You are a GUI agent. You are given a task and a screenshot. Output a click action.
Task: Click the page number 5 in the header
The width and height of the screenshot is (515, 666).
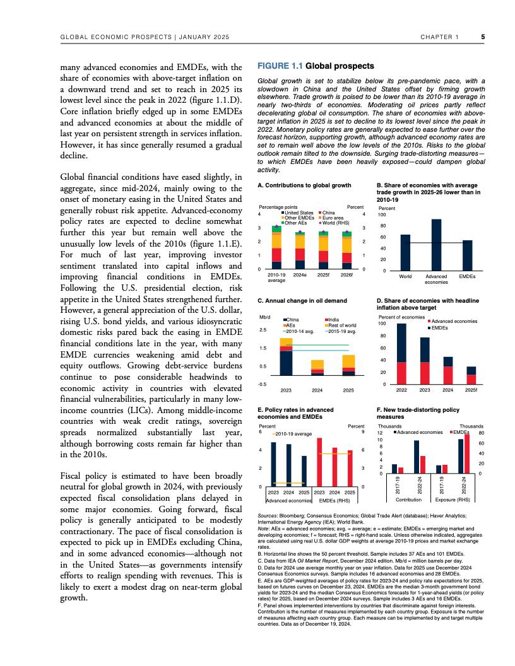click(x=483, y=37)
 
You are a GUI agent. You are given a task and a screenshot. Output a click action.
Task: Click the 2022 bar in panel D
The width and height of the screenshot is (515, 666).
click(x=401, y=354)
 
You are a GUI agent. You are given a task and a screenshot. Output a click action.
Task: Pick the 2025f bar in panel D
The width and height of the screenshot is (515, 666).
click(x=471, y=375)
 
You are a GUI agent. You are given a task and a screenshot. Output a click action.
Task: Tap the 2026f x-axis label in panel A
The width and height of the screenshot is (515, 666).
click(x=346, y=275)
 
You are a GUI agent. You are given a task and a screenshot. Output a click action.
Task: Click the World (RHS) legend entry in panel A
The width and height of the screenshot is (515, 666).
click(x=335, y=223)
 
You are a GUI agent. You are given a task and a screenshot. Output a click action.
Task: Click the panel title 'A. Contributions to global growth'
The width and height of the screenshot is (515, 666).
click(x=304, y=186)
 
